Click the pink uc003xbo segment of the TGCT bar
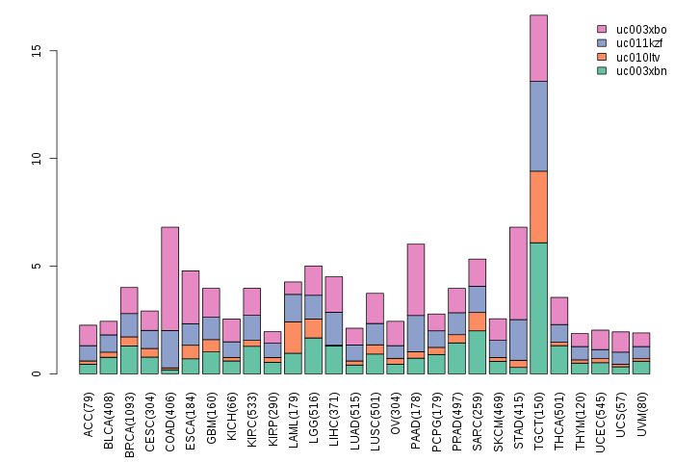click(x=538, y=48)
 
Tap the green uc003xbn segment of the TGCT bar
click(x=538, y=308)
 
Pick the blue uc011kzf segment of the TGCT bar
click(x=538, y=126)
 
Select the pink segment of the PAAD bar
click(x=416, y=279)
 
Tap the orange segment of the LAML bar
click(x=293, y=337)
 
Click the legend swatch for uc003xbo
click(x=602, y=30)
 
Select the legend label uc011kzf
click(x=640, y=43)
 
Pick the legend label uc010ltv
click(x=638, y=57)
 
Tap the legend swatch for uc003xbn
click(x=602, y=70)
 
